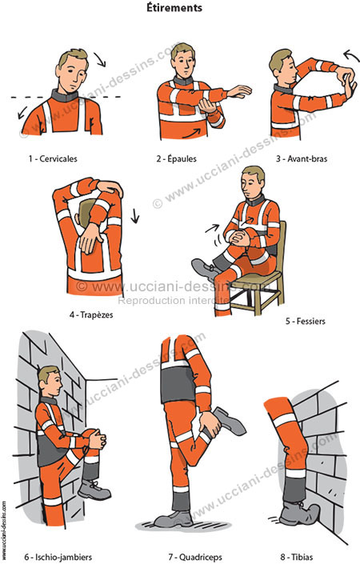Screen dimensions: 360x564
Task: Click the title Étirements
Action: [174, 7]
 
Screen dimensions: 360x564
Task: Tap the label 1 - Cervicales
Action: [53, 158]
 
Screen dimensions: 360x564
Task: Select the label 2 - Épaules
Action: [176, 158]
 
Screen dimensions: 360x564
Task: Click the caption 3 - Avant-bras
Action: [302, 158]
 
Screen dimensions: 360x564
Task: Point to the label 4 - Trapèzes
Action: [91, 314]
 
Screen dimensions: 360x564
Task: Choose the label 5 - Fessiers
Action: [306, 321]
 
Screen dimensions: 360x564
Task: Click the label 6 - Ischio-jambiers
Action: [58, 557]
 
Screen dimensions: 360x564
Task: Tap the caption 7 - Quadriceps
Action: [195, 557]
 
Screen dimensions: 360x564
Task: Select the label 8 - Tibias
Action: [297, 557]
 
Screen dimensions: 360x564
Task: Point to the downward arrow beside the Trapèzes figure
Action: [135, 216]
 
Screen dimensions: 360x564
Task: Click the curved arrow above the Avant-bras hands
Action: [350, 56]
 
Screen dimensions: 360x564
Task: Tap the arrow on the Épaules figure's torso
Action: [191, 134]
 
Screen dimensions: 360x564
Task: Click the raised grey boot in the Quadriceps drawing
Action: [229, 420]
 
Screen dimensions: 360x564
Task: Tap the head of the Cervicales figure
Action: [73, 70]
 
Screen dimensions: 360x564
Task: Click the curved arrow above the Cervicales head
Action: [100, 59]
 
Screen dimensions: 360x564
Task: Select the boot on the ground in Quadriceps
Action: [174, 518]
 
